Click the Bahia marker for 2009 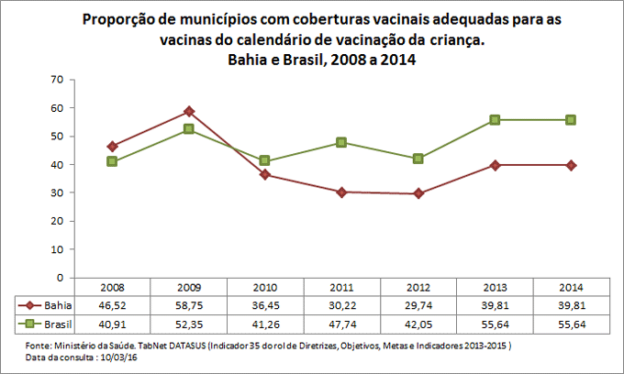click(188, 111)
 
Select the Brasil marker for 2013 click(495, 120)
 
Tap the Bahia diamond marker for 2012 click(418, 193)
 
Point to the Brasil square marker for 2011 click(341, 142)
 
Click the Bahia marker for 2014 click(571, 165)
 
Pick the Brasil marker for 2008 click(112, 161)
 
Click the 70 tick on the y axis click(57, 80)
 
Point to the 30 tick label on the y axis click(57, 192)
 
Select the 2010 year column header click(264, 287)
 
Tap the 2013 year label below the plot click(495, 287)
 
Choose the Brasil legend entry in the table click(48, 324)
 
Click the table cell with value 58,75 click(188, 305)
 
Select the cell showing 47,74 click(341, 324)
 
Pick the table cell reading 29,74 click(418, 305)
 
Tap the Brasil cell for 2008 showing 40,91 click(112, 324)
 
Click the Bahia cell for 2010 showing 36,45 click(264, 305)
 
